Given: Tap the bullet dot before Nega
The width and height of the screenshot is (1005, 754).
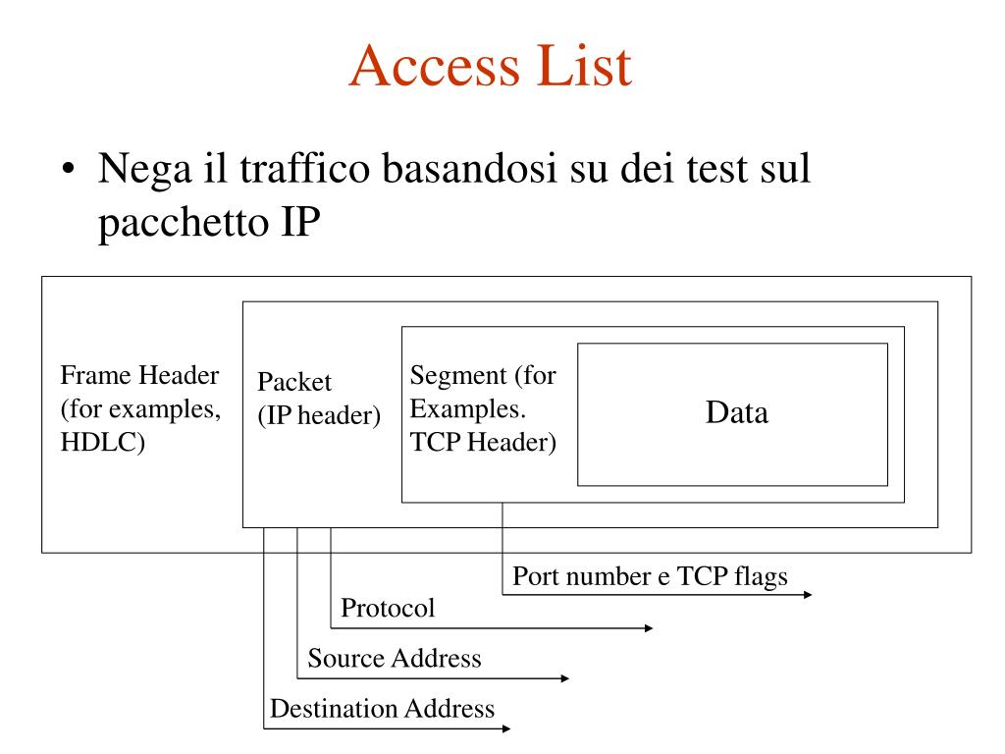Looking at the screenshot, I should click(x=67, y=173).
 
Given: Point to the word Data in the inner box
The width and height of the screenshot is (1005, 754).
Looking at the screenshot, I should click(x=736, y=413).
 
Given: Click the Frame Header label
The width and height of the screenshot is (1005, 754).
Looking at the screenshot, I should click(x=139, y=376).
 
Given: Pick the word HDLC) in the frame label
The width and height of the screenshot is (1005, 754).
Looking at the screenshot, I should click(x=103, y=442).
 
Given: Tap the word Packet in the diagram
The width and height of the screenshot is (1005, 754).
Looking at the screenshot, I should click(x=294, y=383).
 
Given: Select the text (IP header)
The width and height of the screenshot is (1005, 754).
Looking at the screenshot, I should click(x=319, y=416).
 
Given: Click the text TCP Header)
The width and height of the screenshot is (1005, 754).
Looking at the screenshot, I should click(x=483, y=443).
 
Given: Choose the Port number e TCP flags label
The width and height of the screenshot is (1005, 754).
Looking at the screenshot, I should click(x=650, y=576).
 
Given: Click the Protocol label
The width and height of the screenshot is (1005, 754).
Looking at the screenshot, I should click(x=388, y=609).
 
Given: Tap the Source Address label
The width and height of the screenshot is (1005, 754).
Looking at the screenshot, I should click(x=395, y=659).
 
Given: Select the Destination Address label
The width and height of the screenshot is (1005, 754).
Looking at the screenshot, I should click(x=382, y=709).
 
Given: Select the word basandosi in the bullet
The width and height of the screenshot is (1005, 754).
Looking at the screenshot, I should click(x=465, y=170).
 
